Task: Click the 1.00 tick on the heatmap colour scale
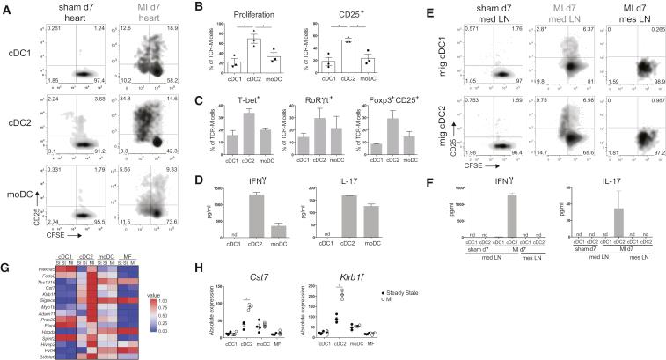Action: click(x=153, y=286)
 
